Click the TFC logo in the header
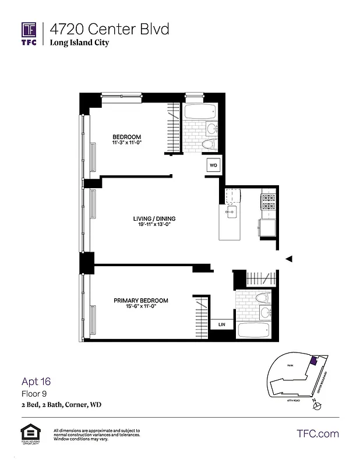pyautogui.click(x=29, y=34)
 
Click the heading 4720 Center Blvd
pyautogui.click(x=109, y=29)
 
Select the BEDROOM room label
pyautogui.click(x=127, y=137)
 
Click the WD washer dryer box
pyautogui.click(x=213, y=165)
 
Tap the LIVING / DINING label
pyautogui.click(x=153, y=219)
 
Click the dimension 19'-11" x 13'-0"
pyautogui.click(x=153, y=225)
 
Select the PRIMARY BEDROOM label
pyautogui.click(x=140, y=301)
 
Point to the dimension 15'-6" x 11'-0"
pyautogui.click(x=140, y=307)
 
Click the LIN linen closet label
pyautogui.click(x=222, y=324)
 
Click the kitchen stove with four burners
pyautogui.click(x=269, y=202)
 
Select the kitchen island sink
pyautogui.click(x=231, y=211)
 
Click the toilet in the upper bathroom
pyautogui.click(x=208, y=144)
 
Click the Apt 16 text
pyautogui.click(x=36, y=382)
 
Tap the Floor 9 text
pyautogui.click(x=34, y=394)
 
